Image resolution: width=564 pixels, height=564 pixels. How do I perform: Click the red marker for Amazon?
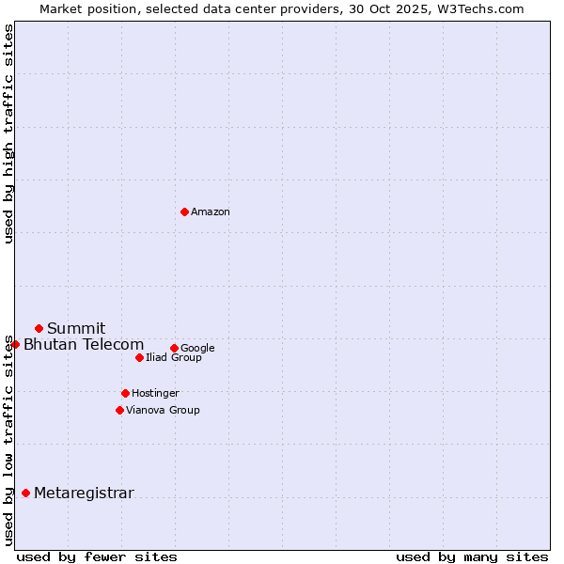click(184, 211)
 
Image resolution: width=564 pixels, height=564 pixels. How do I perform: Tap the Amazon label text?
click(211, 212)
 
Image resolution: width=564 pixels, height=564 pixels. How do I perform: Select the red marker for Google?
click(174, 348)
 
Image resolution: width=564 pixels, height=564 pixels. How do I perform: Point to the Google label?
click(197, 349)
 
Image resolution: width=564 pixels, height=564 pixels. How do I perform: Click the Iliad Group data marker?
click(139, 357)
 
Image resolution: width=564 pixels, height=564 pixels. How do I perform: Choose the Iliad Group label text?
click(174, 358)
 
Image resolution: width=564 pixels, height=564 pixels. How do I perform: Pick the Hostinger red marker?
click(125, 393)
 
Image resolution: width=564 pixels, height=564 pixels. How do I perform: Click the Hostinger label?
click(155, 394)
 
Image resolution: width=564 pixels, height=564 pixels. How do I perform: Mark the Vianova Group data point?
click(119, 410)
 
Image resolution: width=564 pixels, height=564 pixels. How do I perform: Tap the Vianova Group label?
click(163, 411)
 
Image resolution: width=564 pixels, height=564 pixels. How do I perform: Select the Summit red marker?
click(39, 328)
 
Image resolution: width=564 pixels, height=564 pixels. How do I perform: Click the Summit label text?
click(76, 329)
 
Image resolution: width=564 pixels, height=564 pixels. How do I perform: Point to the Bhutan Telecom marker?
click(15, 344)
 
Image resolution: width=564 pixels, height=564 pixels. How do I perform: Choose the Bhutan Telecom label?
click(84, 345)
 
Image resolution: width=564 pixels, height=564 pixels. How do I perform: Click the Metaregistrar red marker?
click(25, 493)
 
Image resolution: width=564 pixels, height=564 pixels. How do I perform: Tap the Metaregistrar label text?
click(84, 493)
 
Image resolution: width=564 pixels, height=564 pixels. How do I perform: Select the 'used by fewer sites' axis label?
click(97, 556)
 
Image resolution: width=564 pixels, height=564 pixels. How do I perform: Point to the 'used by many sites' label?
click(472, 556)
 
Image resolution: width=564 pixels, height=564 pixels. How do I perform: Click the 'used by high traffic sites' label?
click(9, 133)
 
